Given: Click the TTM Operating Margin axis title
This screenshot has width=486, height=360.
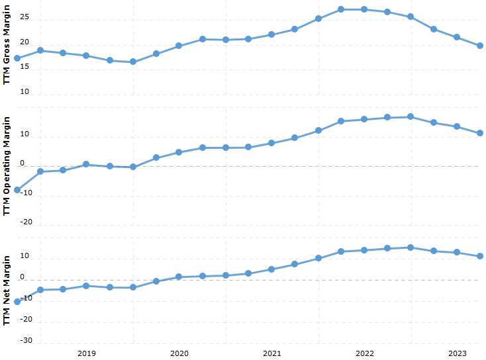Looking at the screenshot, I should [x=7, y=165].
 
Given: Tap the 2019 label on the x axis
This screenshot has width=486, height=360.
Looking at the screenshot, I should [x=87, y=353].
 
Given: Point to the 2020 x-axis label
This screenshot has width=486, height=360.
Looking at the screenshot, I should [x=179, y=353].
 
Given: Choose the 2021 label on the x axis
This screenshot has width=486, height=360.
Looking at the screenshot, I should [x=271, y=353].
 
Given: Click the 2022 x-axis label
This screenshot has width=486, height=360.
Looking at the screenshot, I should [x=365, y=353].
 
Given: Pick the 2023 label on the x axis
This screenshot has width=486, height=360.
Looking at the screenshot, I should [x=457, y=353].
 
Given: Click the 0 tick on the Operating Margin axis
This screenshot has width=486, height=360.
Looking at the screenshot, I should [x=21, y=163].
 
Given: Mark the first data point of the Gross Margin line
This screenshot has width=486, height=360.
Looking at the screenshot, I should [x=17, y=58].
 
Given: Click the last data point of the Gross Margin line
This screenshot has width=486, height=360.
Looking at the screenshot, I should [x=480, y=46].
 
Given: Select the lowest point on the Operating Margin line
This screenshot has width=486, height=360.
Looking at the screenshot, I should [x=17, y=190].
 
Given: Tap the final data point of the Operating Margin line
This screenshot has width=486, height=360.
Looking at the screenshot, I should [x=480, y=133].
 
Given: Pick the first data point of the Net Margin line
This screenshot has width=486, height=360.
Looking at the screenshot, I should [x=17, y=302].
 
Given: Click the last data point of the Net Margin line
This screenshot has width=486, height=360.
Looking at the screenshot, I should [x=480, y=256].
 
